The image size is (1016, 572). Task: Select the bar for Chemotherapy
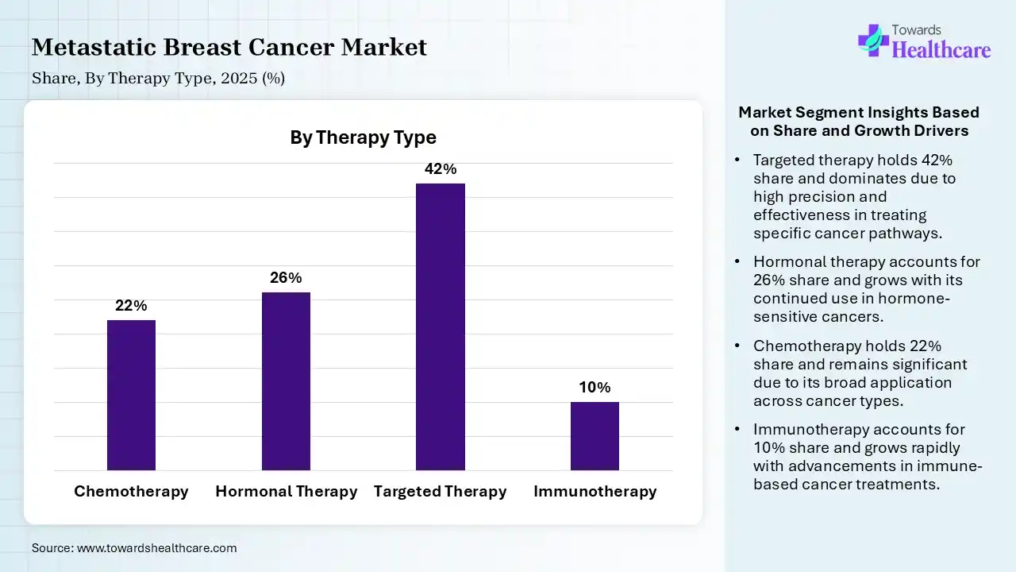pyautogui.click(x=131, y=395)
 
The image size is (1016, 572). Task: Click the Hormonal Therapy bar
pyautogui.click(x=286, y=381)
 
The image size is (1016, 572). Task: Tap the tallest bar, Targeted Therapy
pyautogui.click(x=441, y=327)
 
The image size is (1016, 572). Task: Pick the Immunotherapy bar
pyautogui.click(x=595, y=436)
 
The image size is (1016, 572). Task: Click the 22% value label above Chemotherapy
pyautogui.click(x=131, y=306)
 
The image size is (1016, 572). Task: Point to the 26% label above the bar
pyautogui.click(x=286, y=278)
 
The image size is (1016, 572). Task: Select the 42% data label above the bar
pyautogui.click(x=441, y=169)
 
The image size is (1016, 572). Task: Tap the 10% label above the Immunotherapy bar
pyautogui.click(x=595, y=388)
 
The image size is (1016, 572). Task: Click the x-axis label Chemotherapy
pyautogui.click(x=131, y=492)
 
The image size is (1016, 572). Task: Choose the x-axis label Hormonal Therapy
pyautogui.click(x=286, y=492)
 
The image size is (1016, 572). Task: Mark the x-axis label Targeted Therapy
pyautogui.click(x=441, y=492)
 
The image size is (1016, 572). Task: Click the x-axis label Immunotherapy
pyautogui.click(x=595, y=492)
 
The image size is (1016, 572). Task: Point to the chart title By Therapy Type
pyautogui.click(x=363, y=137)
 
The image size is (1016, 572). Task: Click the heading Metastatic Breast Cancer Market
pyautogui.click(x=229, y=48)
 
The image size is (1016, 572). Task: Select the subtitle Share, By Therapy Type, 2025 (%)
pyautogui.click(x=158, y=79)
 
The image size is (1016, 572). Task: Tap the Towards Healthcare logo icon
pyautogui.click(x=872, y=40)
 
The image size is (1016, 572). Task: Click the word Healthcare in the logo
pyautogui.click(x=941, y=50)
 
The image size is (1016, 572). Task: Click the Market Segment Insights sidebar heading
pyautogui.click(x=859, y=122)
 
